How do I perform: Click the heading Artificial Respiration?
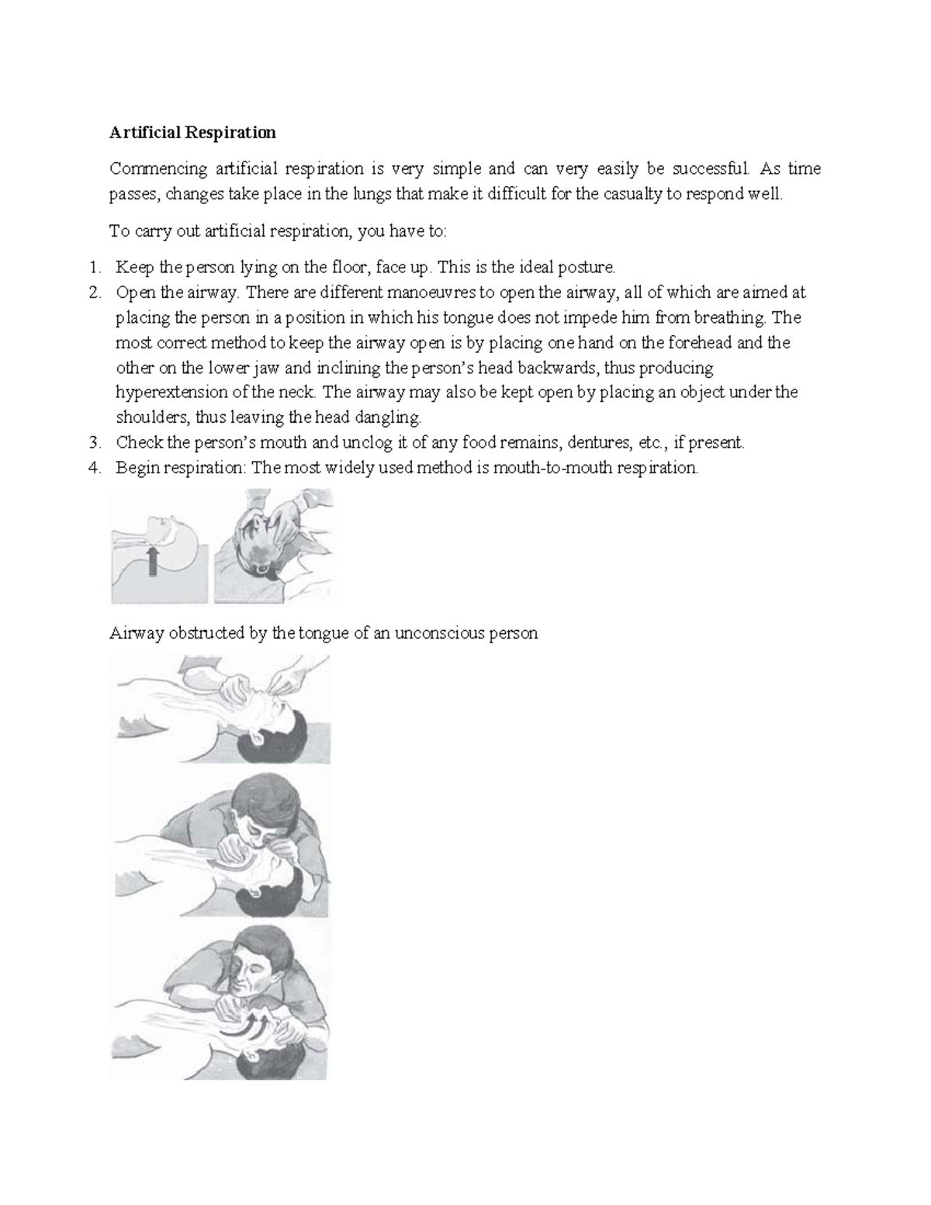[x=192, y=133]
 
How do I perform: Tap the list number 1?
[x=93, y=268]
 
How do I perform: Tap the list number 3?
[x=93, y=443]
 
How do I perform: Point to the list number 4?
[x=93, y=468]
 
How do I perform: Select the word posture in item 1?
[x=590, y=268]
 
